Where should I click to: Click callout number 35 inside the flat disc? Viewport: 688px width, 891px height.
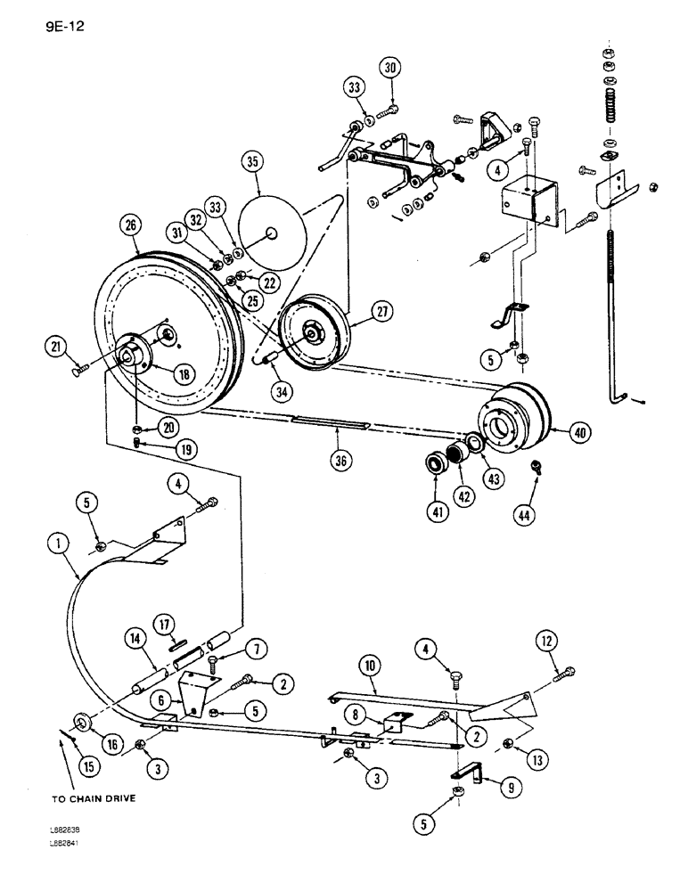253,163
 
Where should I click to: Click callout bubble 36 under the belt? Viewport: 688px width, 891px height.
338,460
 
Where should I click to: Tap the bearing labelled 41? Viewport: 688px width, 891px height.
437,465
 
